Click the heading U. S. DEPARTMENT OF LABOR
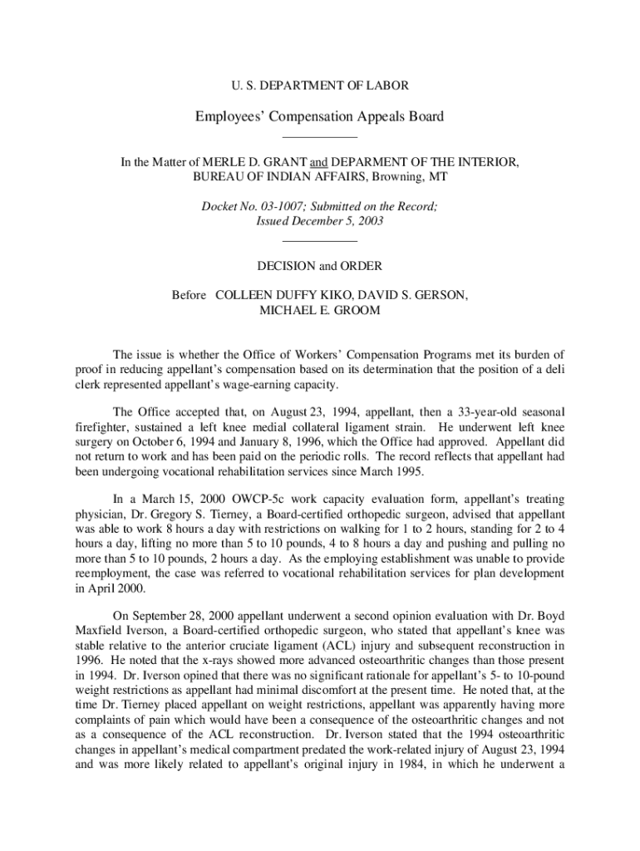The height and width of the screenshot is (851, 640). pos(320,85)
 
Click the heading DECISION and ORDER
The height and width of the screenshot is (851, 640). pos(320,266)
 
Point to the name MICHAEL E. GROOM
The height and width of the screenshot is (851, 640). pos(320,310)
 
